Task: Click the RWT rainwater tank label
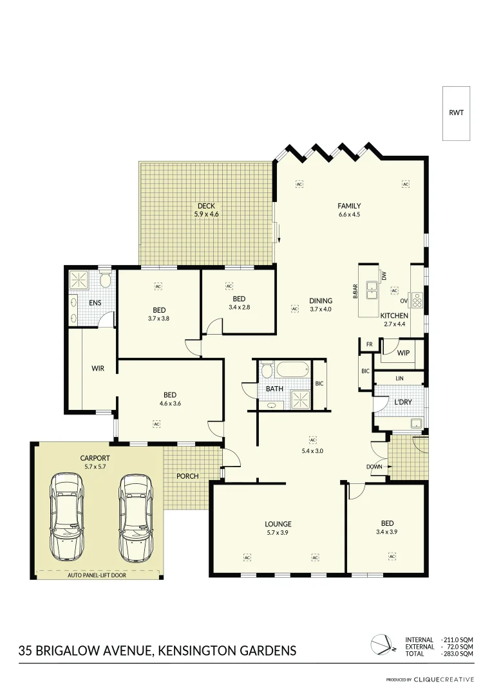click(x=456, y=113)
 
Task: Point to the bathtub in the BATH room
click(x=294, y=372)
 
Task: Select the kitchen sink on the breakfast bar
click(x=372, y=291)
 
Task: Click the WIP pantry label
click(x=403, y=353)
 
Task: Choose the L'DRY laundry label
click(x=403, y=402)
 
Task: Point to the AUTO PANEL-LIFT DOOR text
click(x=97, y=575)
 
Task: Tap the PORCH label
click(x=187, y=476)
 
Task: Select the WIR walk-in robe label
click(x=98, y=369)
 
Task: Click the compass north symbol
click(x=379, y=644)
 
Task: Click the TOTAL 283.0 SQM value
click(x=458, y=653)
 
